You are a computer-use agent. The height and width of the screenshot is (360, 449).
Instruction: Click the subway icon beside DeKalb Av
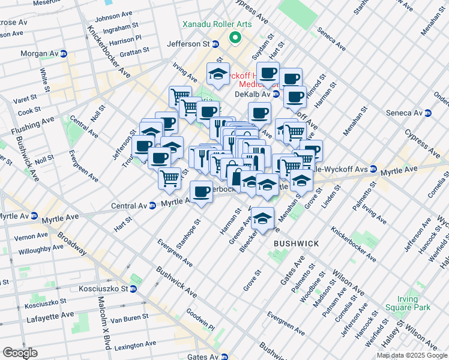(x=276, y=94)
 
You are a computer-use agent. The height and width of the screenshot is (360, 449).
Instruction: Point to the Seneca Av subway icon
(x=427, y=113)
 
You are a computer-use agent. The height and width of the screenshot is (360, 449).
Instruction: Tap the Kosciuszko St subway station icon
(x=133, y=289)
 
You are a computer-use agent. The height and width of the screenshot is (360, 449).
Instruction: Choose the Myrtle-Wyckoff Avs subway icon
(x=373, y=169)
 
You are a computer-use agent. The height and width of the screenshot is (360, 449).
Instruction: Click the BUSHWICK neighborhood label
(x=295, y=244)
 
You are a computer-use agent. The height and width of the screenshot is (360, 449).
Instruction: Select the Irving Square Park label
(x=414, y=303)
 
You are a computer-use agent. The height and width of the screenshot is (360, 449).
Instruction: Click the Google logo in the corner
(x=20, y=352)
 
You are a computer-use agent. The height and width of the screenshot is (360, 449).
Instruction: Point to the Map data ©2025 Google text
(x=412, y=355)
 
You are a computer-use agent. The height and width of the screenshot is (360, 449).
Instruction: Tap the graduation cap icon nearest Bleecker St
(x=262, y=218)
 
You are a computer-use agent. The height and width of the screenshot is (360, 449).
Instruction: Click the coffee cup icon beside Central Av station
(x=202, y=192)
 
